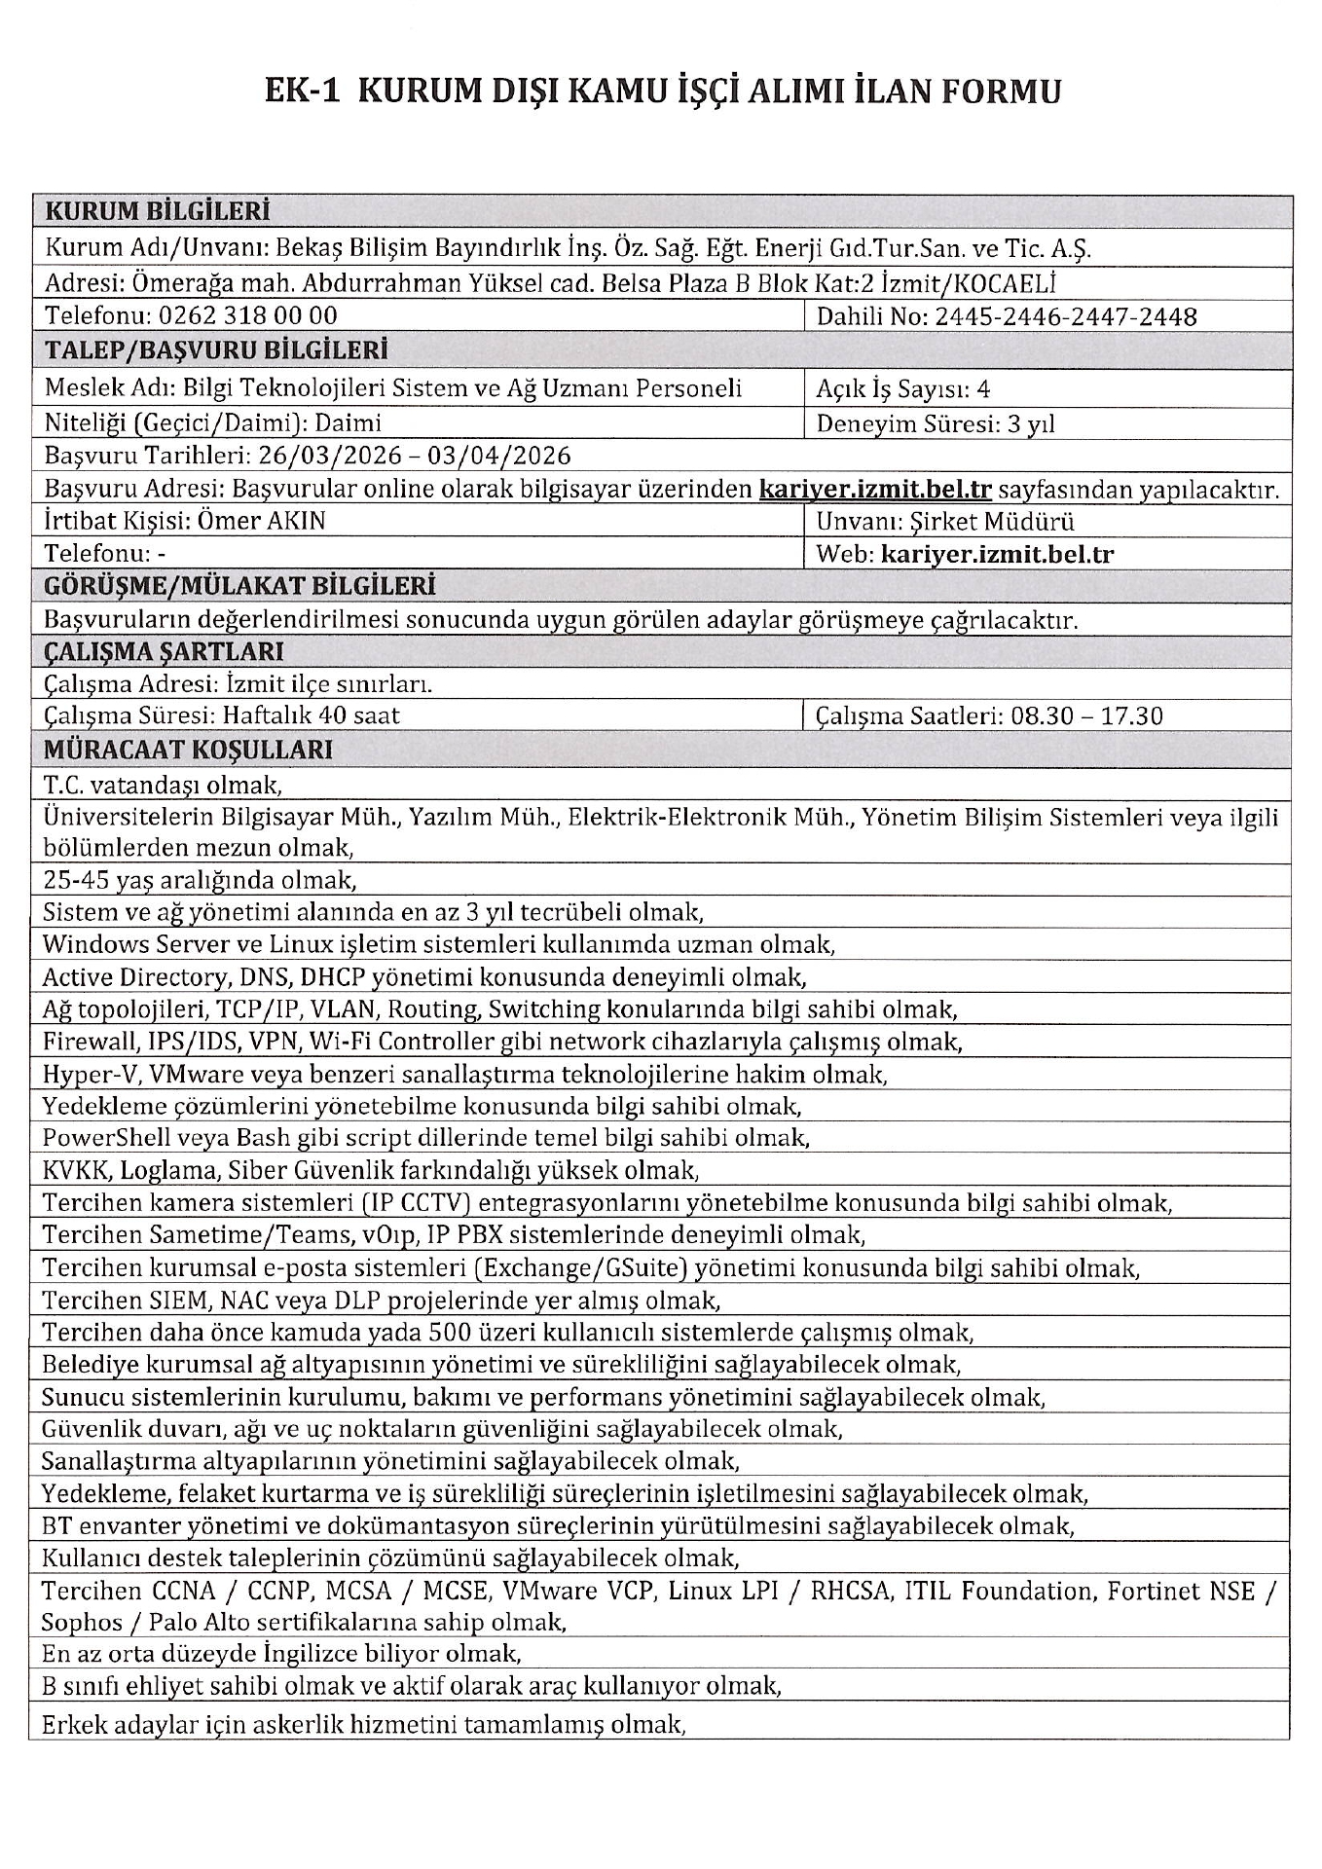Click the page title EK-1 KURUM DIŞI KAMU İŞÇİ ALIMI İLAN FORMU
point(662,92)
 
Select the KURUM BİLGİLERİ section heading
point(158,211)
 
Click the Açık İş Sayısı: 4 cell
point(902,389)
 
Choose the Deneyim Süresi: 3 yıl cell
point(936,423)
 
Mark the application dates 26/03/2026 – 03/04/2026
point(412,456)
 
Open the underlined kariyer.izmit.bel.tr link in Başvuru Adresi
point(874,489)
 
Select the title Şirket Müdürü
point(990,521)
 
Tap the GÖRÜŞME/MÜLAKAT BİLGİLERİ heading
point(239,586)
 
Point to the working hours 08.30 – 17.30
point(1085,716)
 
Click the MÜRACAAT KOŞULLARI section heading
point(188,750)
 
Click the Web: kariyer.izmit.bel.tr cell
point(965,555)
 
